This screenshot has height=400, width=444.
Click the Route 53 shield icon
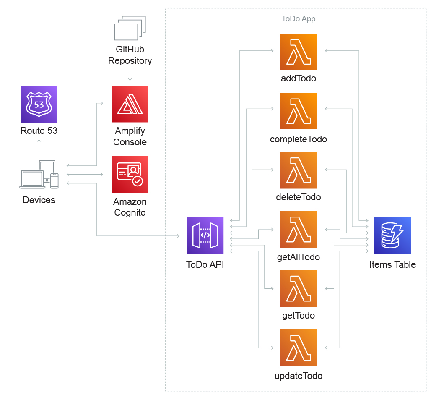tap(39, 104)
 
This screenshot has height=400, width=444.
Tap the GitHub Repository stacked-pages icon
tap(130, 28)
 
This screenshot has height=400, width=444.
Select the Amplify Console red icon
tap(130, 104)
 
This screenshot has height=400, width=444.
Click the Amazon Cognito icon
tap(130, 174)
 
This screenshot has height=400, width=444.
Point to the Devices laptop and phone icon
tap(39, 175)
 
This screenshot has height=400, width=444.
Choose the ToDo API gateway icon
tap(205, 235)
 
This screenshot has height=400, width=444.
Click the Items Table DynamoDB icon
tap(392, 235)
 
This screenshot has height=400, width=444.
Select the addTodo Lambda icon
tap(299, 52)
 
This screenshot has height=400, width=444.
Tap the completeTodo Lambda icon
tap(299, 111)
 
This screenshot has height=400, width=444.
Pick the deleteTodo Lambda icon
tap(299, 170)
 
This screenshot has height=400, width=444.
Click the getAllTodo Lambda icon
tap(299, 229)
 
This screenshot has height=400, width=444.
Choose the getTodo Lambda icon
tap(299, 288)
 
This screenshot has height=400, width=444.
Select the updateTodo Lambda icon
tap(299, 348)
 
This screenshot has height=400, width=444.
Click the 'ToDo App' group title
tap(299, 19)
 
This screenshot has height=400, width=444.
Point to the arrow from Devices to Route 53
tap(39, 146)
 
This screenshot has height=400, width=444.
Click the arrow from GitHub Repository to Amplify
tap(130, 76)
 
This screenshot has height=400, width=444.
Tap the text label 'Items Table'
tap(392, 264)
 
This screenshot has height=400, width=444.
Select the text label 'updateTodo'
tap(299, 376)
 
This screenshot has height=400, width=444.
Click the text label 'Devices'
tap(39, 200)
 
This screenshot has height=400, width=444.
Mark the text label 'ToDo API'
tap(205, 264)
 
